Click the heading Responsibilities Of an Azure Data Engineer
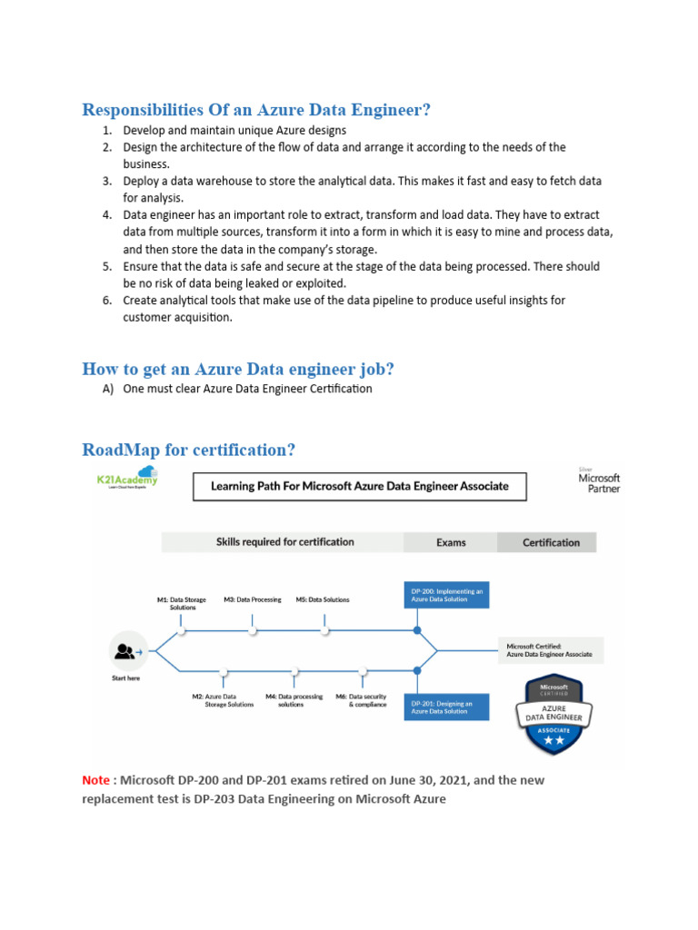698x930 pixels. click(x=256, y=110)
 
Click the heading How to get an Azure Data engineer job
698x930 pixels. click(x=238, y=369)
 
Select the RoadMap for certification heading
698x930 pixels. click(x=188, y=450)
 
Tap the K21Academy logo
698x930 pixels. click(x=126, y=477)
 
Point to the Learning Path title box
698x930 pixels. click(x=359, y=486)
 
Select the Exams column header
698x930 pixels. click(x=451, y=542)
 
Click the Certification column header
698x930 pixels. click(x=551, y=542)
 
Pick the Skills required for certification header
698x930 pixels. click(x=284, y=542)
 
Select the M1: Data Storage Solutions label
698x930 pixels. click(x=182, y=603)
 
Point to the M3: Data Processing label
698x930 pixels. click(x=253, y=599)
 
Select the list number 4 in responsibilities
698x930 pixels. click(x=106, y=215)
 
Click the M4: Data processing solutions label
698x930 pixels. click(x=294, y=700)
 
